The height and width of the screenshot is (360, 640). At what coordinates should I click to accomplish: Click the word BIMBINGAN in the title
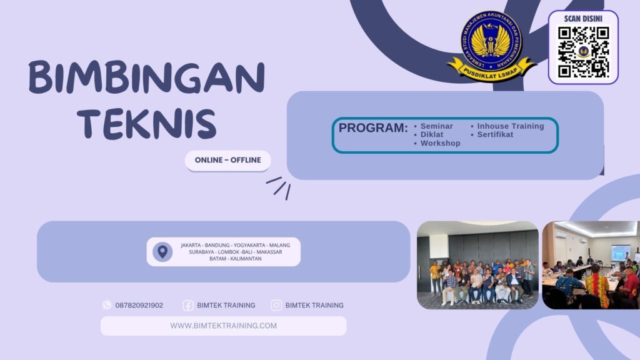146,79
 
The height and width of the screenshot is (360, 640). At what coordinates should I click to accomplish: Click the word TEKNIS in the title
149,123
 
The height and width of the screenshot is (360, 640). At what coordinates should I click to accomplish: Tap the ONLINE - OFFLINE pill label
227,160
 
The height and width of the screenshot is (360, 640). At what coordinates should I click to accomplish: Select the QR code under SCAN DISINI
583,52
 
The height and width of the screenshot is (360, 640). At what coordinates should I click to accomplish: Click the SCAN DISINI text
583,19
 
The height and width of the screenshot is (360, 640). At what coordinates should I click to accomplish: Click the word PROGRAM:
373,128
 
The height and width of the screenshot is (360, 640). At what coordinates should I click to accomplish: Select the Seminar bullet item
436,126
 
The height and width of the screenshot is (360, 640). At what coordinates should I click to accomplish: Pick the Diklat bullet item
432,134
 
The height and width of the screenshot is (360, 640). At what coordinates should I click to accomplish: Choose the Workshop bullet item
440,143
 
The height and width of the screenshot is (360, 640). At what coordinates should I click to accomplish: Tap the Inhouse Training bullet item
510,126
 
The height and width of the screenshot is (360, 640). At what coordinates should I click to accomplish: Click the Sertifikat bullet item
495,134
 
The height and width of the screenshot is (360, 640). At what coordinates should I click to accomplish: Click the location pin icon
162,252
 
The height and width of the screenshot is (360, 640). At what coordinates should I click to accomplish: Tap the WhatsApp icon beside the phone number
107,305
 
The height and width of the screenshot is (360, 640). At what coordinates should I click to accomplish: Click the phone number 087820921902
139,306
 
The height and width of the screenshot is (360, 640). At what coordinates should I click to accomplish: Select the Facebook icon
187,306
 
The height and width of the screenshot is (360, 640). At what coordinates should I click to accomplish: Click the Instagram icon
276,306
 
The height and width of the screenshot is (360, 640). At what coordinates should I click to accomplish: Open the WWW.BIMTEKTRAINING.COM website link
223,326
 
